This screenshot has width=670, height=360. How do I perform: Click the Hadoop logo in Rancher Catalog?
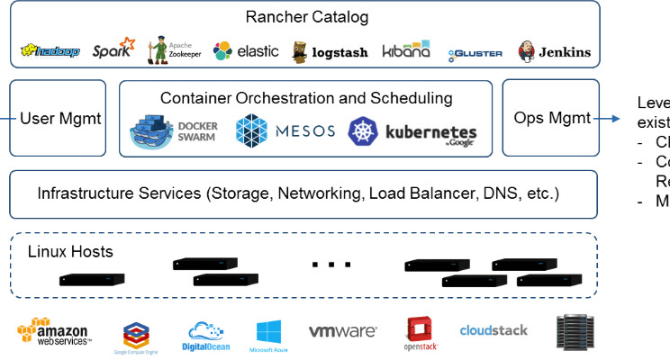click(52, 51)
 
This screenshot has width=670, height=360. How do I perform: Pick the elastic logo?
click(246, 51)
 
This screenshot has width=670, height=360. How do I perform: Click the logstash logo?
click(330, 51)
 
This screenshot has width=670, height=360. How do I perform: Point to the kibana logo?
click(407, 50)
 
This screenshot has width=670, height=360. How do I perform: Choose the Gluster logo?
click(475, 53)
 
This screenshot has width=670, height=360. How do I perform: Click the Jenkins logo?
click(554, 51)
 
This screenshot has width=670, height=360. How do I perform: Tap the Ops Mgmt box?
click(551, 118)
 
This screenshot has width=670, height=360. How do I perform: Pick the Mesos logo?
click(285, 131)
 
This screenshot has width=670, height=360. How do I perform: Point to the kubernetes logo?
click(413, 133)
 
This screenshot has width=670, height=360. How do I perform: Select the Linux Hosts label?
click(69, 251)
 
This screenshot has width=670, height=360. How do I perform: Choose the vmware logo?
click(342, 331)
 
